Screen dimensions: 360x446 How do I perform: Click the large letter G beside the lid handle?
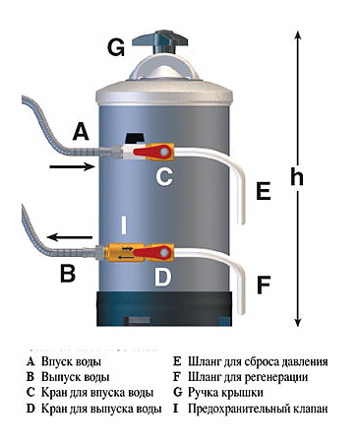pos(116,48)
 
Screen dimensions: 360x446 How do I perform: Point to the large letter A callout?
pos(81,131)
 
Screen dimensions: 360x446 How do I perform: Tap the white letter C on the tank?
pos(164,177)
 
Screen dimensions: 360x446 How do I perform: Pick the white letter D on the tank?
pos(162,278)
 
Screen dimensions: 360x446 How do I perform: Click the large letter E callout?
pos(264,191)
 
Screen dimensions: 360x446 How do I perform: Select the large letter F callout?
pos(264,285)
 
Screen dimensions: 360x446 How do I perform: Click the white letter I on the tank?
pos(124,225)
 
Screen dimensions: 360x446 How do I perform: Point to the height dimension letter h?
pos(297,177)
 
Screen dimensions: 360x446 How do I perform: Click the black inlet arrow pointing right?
pos(72,166)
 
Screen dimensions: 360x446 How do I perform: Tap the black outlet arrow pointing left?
pos(70,236)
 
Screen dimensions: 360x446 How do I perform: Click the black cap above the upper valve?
pos(135,138)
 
